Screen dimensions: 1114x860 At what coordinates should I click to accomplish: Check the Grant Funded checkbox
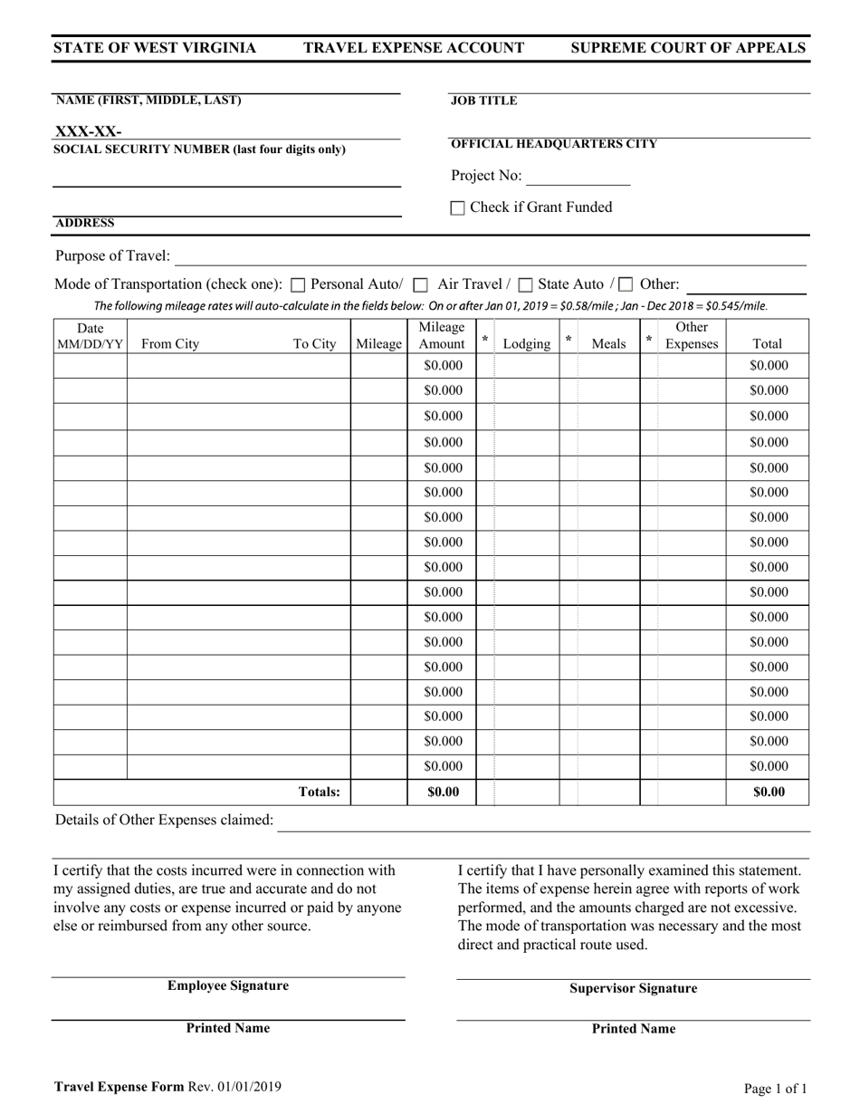(x=458, y=208)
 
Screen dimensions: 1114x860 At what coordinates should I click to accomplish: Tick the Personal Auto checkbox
(x=299, y=284)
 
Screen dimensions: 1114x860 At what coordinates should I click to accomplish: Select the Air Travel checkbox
(x=420, y=284)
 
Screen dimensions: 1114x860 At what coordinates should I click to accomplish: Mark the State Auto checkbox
(x=526, y=284)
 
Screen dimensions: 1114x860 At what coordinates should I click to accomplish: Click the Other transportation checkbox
(x=626, y=284)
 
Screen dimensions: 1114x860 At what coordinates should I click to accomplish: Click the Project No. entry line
(x=578, y=177)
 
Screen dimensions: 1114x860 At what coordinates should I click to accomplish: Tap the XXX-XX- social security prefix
(x=89, y=131)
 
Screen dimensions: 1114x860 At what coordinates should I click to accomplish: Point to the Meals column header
(x=607, y=344)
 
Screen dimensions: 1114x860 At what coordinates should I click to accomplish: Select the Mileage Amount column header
(x=442, y=335)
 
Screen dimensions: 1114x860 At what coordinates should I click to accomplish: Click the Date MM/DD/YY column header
(x=90, y=335)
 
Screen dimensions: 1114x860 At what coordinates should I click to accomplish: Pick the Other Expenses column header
(x=692, y=335)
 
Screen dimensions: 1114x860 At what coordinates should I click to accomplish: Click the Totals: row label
(x=320, y=792)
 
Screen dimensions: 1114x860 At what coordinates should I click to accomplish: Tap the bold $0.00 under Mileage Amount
(x=442, y=792)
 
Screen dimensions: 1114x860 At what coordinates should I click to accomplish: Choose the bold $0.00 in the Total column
(x=768, y=792)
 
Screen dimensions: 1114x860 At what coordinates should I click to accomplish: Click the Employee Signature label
(x=227, y=985)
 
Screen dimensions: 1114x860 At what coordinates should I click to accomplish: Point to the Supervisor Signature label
(x=633, y=988)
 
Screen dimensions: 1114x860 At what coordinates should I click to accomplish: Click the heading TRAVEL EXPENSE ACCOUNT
(x=414, y=48)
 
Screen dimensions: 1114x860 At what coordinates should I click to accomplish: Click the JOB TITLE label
(x=483, y=101)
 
